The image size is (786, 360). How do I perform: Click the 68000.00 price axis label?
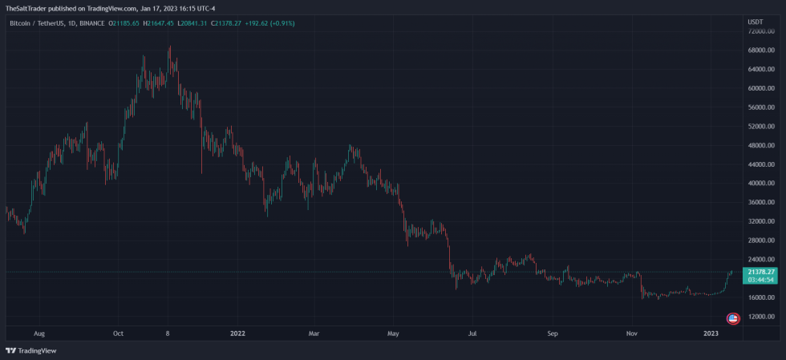760,51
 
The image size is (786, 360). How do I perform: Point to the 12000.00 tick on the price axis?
760,338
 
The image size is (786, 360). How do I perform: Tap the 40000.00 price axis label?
760,184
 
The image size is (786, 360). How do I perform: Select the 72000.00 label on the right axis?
760,31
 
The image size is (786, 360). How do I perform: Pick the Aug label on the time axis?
39,332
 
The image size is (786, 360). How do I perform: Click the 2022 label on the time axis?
237,332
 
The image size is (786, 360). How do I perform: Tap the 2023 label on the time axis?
711,332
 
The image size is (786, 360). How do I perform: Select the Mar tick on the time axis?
314,332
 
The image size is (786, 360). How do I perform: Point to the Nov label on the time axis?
632,332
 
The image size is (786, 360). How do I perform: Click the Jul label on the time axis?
472,332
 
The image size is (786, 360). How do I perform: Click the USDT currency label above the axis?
755,22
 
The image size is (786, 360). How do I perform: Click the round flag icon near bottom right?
732,319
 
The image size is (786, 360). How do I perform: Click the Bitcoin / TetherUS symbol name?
36,23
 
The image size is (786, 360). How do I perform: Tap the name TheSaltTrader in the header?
26,8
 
